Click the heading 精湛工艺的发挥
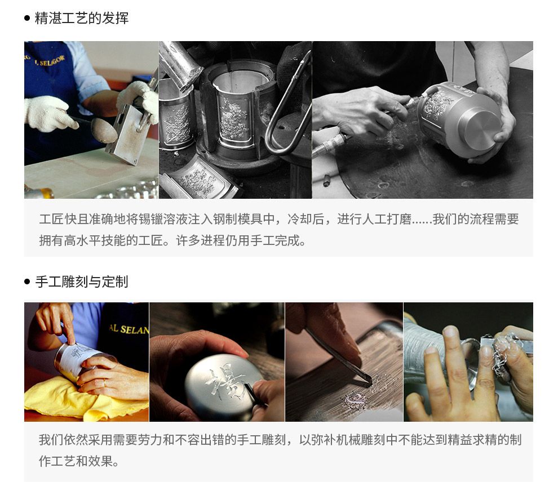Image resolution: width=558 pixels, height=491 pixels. click(82, 18)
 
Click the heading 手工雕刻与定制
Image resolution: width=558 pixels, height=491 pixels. click(82, 282)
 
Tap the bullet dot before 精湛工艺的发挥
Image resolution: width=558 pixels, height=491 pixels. click(28, 18)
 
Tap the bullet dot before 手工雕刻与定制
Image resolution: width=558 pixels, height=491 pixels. click(28, 282)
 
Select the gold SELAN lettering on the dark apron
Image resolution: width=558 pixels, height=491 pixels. click(129, 329)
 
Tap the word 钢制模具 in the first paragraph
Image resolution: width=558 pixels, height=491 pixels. click(238, 219)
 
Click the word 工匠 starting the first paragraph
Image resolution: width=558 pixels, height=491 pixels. click(52, 219)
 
